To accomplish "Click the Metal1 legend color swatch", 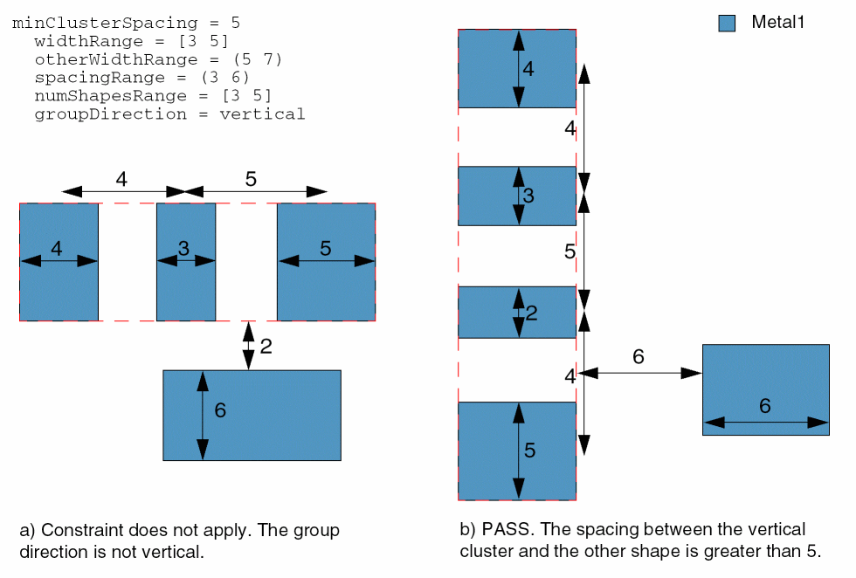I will click(727, 24).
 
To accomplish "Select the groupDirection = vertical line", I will click(169, 114).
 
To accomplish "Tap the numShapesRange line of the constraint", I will click(153, 95).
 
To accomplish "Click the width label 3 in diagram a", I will click(183, 249).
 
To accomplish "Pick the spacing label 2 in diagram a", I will click(266, 347).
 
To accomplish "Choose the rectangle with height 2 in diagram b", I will click(489, 313).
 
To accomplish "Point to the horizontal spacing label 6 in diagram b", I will click(639, 356).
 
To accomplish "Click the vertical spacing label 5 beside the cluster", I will click(570, 251).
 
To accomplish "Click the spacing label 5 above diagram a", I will click(251, 179).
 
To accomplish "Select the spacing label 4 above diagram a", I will click(121, 179).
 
